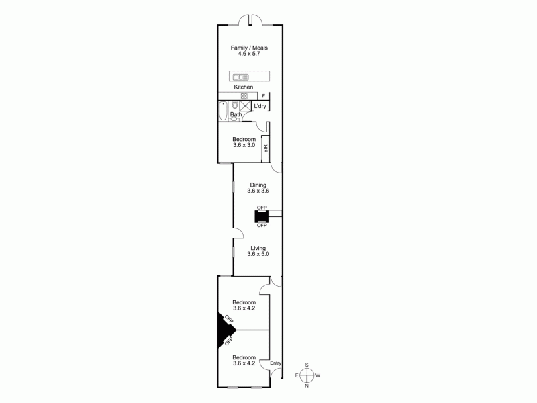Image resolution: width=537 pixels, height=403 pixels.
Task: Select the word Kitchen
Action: [x=243, y=87]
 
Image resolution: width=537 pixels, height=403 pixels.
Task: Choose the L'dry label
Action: [x=260, y=106]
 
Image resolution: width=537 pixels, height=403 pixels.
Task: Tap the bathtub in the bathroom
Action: [x=223, y=110]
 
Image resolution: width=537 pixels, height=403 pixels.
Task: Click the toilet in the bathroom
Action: [x=234, y=105]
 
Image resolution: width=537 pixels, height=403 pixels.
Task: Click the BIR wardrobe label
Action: [x=266, y=148]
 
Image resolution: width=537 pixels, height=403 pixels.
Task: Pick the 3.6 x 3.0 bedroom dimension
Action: [x=243, y=144]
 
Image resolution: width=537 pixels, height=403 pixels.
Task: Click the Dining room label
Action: [x=258, y=185]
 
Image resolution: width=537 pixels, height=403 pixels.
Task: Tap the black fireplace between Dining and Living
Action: [x=261, y=216]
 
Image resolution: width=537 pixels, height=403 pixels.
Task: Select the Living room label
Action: [x=258, y=247]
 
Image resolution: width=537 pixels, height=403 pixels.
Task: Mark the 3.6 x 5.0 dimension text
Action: [x=258, y=254]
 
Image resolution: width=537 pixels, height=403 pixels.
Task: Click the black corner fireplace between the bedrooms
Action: [x=224, y=330]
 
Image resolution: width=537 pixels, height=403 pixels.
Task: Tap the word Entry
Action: [x=275, y=363]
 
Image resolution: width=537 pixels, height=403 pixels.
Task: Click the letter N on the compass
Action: [x=307, y=386]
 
